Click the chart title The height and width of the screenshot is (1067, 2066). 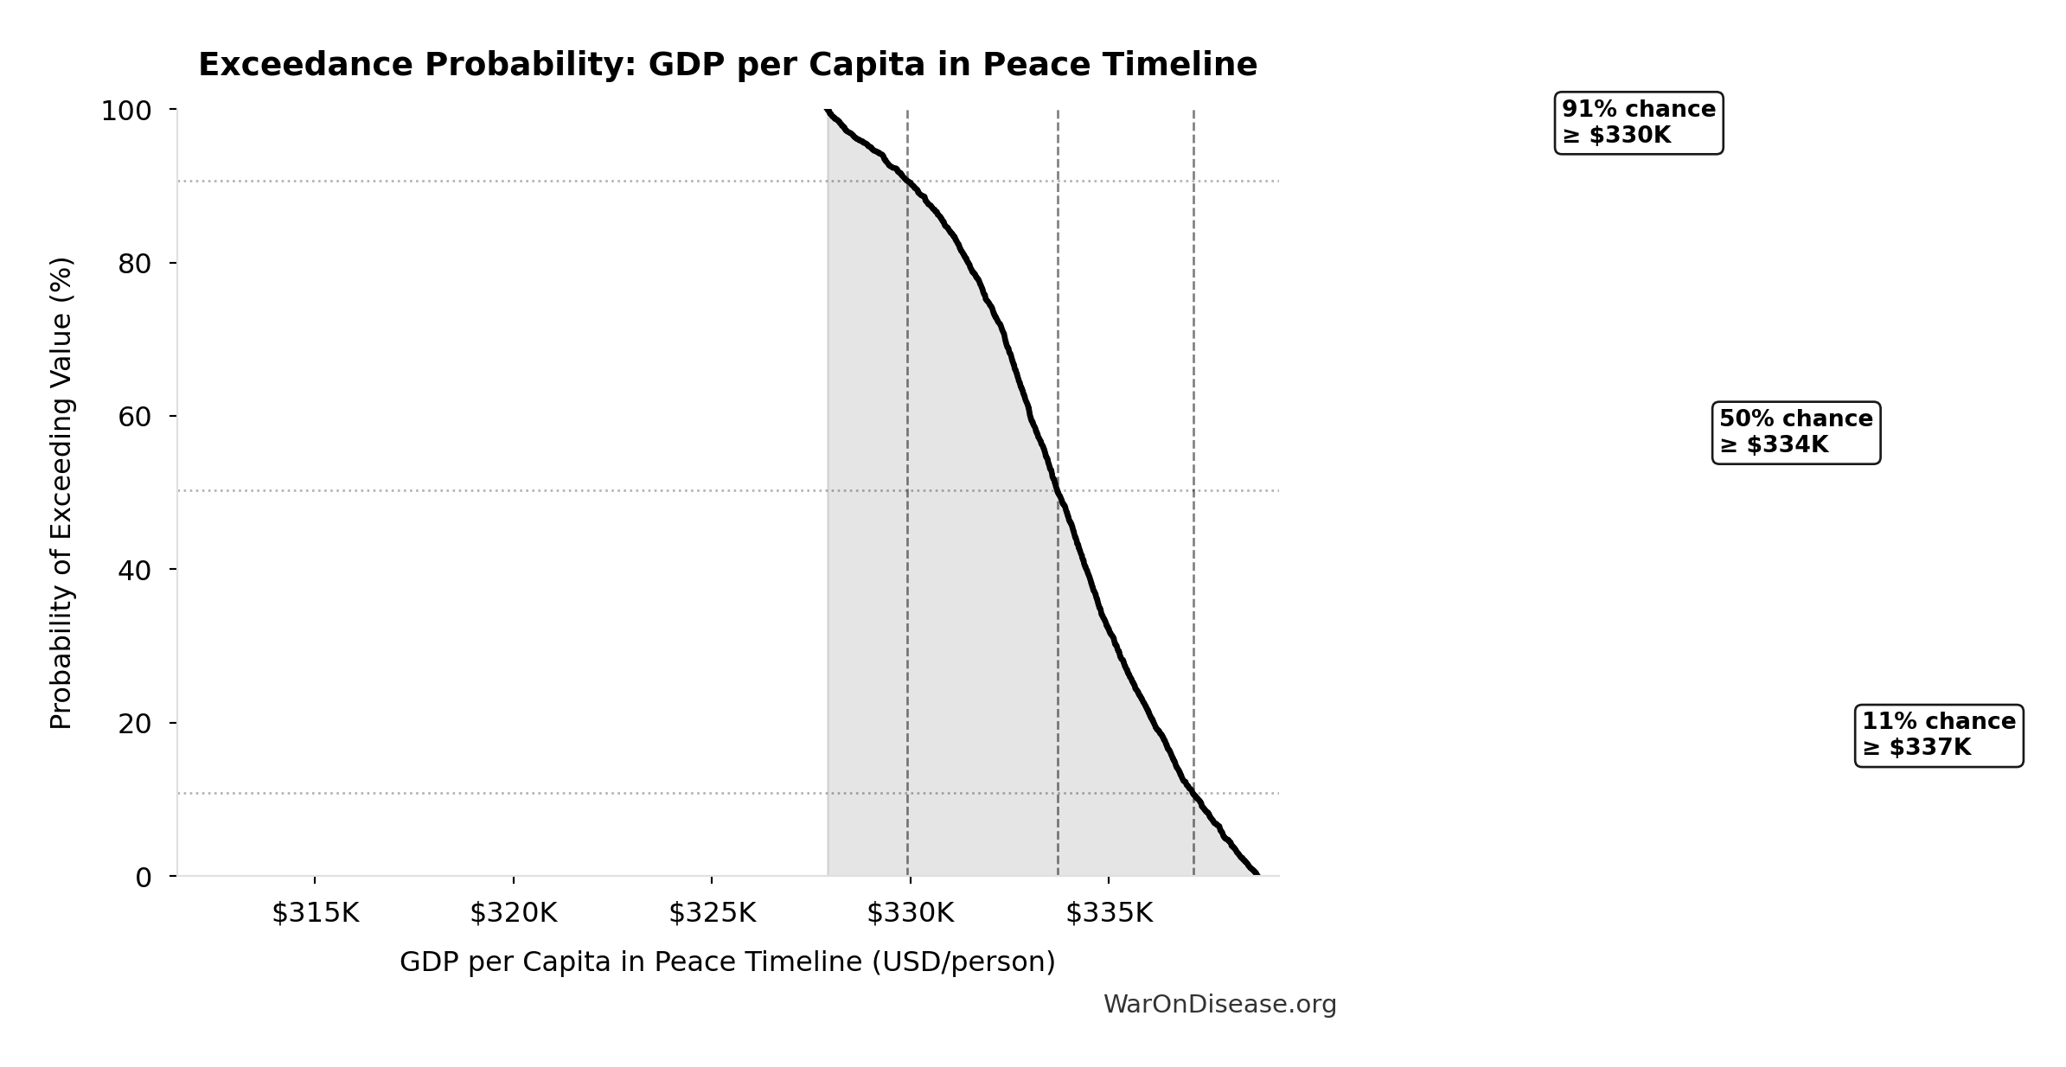(727, 65)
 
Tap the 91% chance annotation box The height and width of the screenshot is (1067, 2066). (1638, 123)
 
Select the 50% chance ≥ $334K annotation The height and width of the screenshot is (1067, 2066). (1795, 432)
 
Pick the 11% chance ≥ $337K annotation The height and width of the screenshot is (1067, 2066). (1938, 735)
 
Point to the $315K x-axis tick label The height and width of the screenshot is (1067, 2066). (315, 913)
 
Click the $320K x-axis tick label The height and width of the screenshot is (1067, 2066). (514, 913)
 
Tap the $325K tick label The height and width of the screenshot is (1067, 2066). (712, 913)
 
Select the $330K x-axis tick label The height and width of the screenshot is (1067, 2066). (910, 913)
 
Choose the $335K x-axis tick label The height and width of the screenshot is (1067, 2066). (1109, 913)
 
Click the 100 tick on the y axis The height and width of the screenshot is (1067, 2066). (126, 111)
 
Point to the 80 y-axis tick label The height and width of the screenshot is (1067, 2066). (135, 264)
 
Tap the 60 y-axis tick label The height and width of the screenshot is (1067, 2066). (135, 417)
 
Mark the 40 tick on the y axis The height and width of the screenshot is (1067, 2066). (135, 570)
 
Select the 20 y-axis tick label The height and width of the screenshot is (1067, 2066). (135, 723)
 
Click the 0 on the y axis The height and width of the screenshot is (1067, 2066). (144, 878)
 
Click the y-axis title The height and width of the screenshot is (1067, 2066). (61, 493)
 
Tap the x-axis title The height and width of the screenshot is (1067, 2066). (727, 962)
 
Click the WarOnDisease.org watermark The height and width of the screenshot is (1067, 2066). (1219, 1005)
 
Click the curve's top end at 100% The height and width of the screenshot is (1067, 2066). (828, 111)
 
